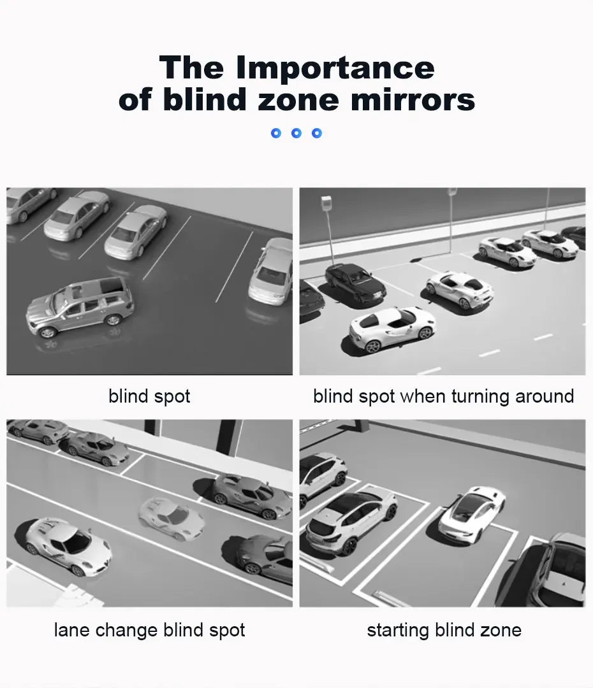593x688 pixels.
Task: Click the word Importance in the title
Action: (x=335, y=69)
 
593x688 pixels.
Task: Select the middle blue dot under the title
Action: (x=296, y=133)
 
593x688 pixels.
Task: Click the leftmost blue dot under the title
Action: (x=276, y=133)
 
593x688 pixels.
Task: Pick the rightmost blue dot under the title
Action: (x=317, y=133)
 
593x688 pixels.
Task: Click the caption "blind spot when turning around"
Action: (x=443, y=396)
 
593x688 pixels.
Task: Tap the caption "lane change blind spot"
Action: (x=149, y=631)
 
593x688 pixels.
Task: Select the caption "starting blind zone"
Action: (x=444, y=631)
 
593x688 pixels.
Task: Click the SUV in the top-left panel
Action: (x=80, y=306)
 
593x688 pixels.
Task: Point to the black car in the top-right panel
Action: (x=355, y=283)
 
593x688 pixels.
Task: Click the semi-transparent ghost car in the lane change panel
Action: (x=171, y=518)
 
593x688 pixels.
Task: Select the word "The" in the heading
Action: (x=191, y=68)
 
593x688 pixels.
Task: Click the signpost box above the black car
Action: (x=326, y=204)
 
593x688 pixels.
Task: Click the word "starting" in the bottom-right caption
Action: (x=397, y=631)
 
